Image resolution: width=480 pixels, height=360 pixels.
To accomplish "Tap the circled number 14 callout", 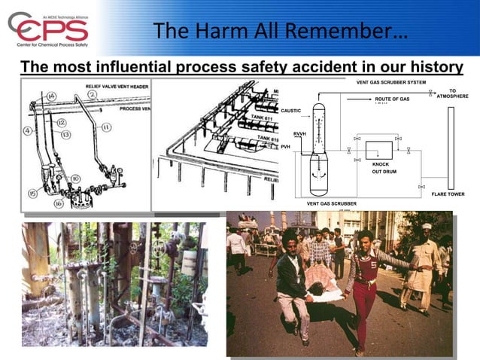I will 51,96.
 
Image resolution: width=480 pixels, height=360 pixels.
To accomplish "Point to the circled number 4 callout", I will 27,130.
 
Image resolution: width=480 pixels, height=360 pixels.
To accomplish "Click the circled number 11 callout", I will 106,127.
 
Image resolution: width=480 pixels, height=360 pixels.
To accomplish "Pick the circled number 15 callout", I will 33,194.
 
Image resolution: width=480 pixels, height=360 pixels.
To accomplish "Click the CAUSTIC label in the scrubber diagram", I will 291,111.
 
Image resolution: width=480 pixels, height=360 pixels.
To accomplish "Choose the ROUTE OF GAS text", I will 392,99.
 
